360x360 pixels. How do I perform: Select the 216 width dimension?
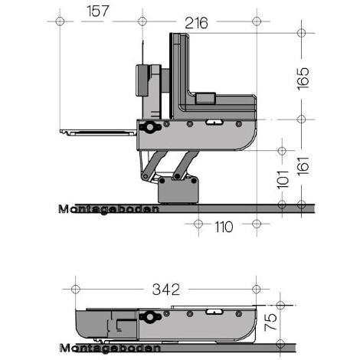click(196, 24)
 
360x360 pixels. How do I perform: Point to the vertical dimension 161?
click(303, 163)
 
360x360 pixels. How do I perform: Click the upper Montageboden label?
click(108, 208)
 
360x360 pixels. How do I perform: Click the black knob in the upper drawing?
click(149, 127)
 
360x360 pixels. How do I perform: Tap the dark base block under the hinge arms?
click(178, 187)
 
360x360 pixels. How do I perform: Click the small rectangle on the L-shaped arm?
click(205, 98)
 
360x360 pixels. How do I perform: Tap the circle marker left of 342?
click(75, 290)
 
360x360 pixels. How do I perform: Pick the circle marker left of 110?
click(198, 225)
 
